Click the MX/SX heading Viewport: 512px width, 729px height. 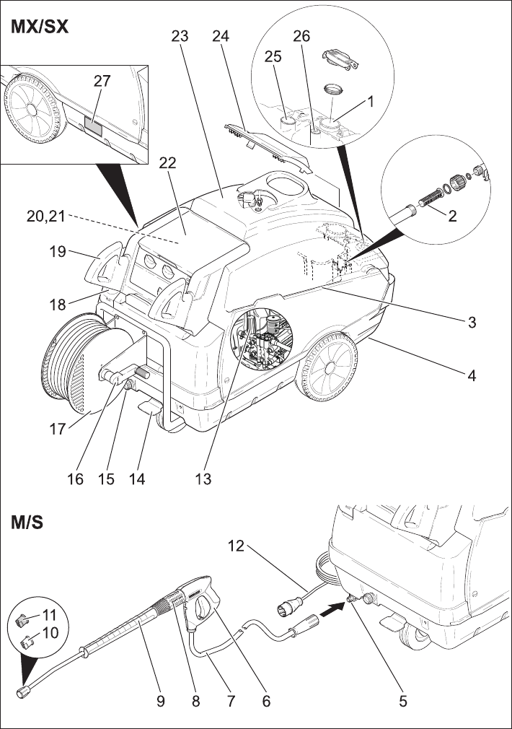(40, 27)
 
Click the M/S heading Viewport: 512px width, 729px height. (27, 523)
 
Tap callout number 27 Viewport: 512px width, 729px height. (102, 81)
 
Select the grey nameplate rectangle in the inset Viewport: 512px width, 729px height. (93, 126)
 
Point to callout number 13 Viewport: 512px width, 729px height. (203, 479)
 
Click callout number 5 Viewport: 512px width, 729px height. (403, 701)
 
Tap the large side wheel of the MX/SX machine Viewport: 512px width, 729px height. (327, 367)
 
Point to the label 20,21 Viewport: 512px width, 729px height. (45, 217)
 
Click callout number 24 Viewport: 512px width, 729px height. (221, 36)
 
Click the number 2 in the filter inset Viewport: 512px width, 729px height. (452, 215)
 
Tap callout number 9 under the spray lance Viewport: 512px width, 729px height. (160, 701)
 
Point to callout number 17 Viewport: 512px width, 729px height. (58, 429)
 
